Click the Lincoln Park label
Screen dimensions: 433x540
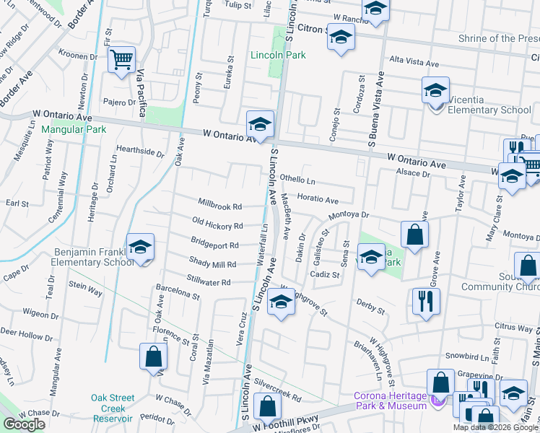click(x=278, y=55)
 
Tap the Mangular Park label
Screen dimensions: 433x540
click(x=74, y=130)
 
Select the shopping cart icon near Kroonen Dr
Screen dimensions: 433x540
click(x=122, y=59)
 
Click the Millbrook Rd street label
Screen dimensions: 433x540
click(x=220, y=206)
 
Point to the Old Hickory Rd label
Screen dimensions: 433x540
click(x=217, y=224)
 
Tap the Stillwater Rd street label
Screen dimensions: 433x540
click(x=209, y=282)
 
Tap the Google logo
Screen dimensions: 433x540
click(x=24, y=424)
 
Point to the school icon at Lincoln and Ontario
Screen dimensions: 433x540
click(x=259, y=125)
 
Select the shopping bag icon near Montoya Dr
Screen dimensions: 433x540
click(x=415, y=235)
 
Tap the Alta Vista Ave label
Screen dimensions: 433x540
click(x=414, y=63)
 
